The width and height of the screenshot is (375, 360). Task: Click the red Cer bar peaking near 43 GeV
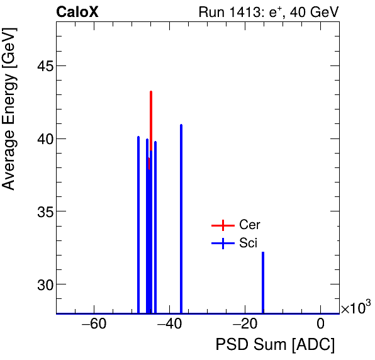coord(151,120)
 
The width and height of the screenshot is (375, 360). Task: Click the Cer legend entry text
coord(250,225)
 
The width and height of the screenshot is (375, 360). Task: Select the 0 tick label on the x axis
coord(321,325)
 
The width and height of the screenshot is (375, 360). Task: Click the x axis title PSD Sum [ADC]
coord(275,346)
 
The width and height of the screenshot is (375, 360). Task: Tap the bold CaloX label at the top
coord(77,12)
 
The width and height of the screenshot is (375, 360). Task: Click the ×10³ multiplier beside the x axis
coord(355,308)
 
